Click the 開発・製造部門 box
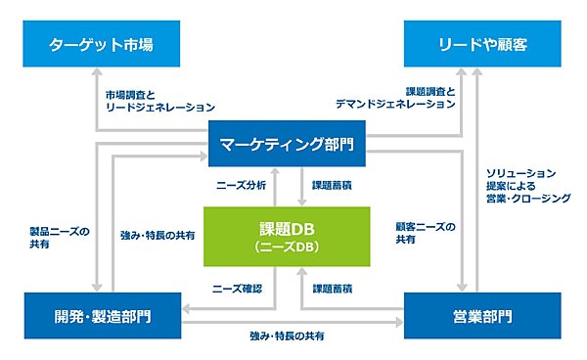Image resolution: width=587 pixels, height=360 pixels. (x=102, y=315)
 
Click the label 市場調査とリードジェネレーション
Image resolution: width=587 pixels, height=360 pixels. (x=159, y=101)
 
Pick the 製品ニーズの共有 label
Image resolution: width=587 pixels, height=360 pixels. (x=58, y=238)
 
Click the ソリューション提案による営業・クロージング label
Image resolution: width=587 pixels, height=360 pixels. (x=527, y=185)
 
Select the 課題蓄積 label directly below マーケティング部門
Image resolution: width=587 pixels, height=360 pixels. (x=333, y=184)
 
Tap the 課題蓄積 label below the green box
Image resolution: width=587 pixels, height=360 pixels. (x=333, y=289)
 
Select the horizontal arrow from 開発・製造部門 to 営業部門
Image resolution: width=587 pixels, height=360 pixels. (x=293, y=322)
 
